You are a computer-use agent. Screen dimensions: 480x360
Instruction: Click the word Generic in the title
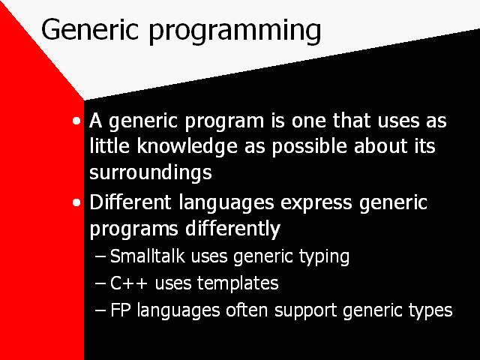pos(90,29)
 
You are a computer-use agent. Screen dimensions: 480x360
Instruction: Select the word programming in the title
pos(235,31)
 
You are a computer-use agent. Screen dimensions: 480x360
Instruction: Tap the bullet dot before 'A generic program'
pos(76,121)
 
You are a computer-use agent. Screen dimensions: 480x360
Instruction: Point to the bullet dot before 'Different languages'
pos(76,202)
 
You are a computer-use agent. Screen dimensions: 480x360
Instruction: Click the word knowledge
pos(187,146)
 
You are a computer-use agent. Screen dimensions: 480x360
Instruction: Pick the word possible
pos(310,146)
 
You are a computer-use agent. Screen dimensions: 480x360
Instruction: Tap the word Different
pos(130,202)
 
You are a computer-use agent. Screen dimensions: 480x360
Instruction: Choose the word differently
pos(233,229)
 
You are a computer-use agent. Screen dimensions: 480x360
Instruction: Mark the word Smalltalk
pos(148,256)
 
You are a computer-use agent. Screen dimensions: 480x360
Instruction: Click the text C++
pos(129,283)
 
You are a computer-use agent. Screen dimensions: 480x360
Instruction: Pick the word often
pos(247,310)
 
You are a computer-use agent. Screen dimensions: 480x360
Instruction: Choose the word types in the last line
pos(430,311)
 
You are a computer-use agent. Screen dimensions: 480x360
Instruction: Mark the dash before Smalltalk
pos(100,256)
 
